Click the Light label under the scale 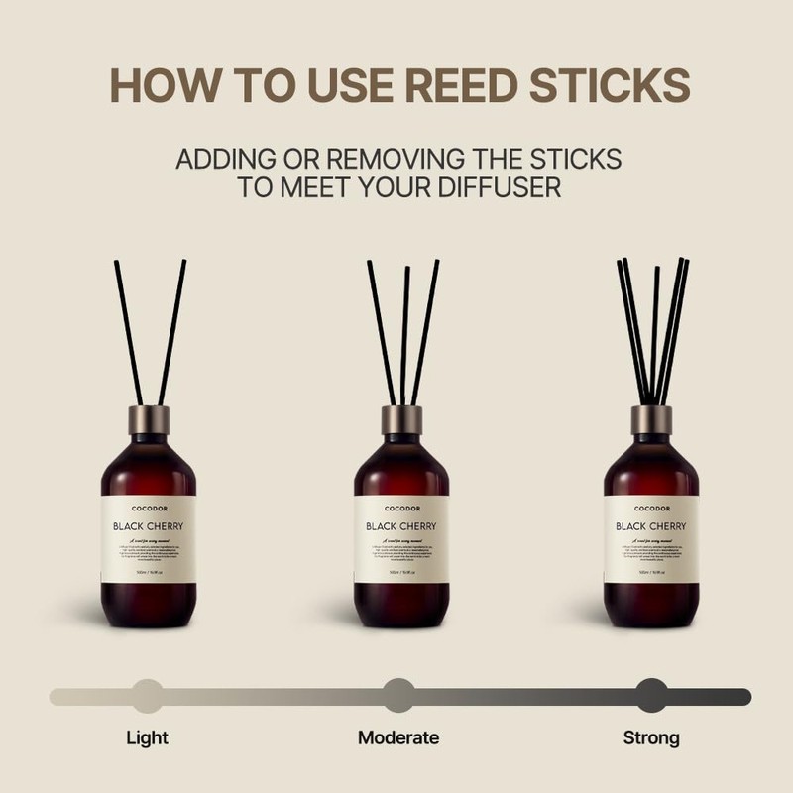click(x=147, y=737)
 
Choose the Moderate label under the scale click(x=397, y=737)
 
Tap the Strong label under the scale click(x=651, y=737)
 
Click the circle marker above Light click(x=147, y=696)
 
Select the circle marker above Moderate click(x=397, y=696)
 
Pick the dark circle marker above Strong click(x=651, y=696)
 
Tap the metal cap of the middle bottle click(x=400, y=417)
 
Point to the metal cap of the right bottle click(x=651, y=417)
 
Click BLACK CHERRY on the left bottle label click(x=149, y=526)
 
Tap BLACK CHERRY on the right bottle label click(x=651, y=526)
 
